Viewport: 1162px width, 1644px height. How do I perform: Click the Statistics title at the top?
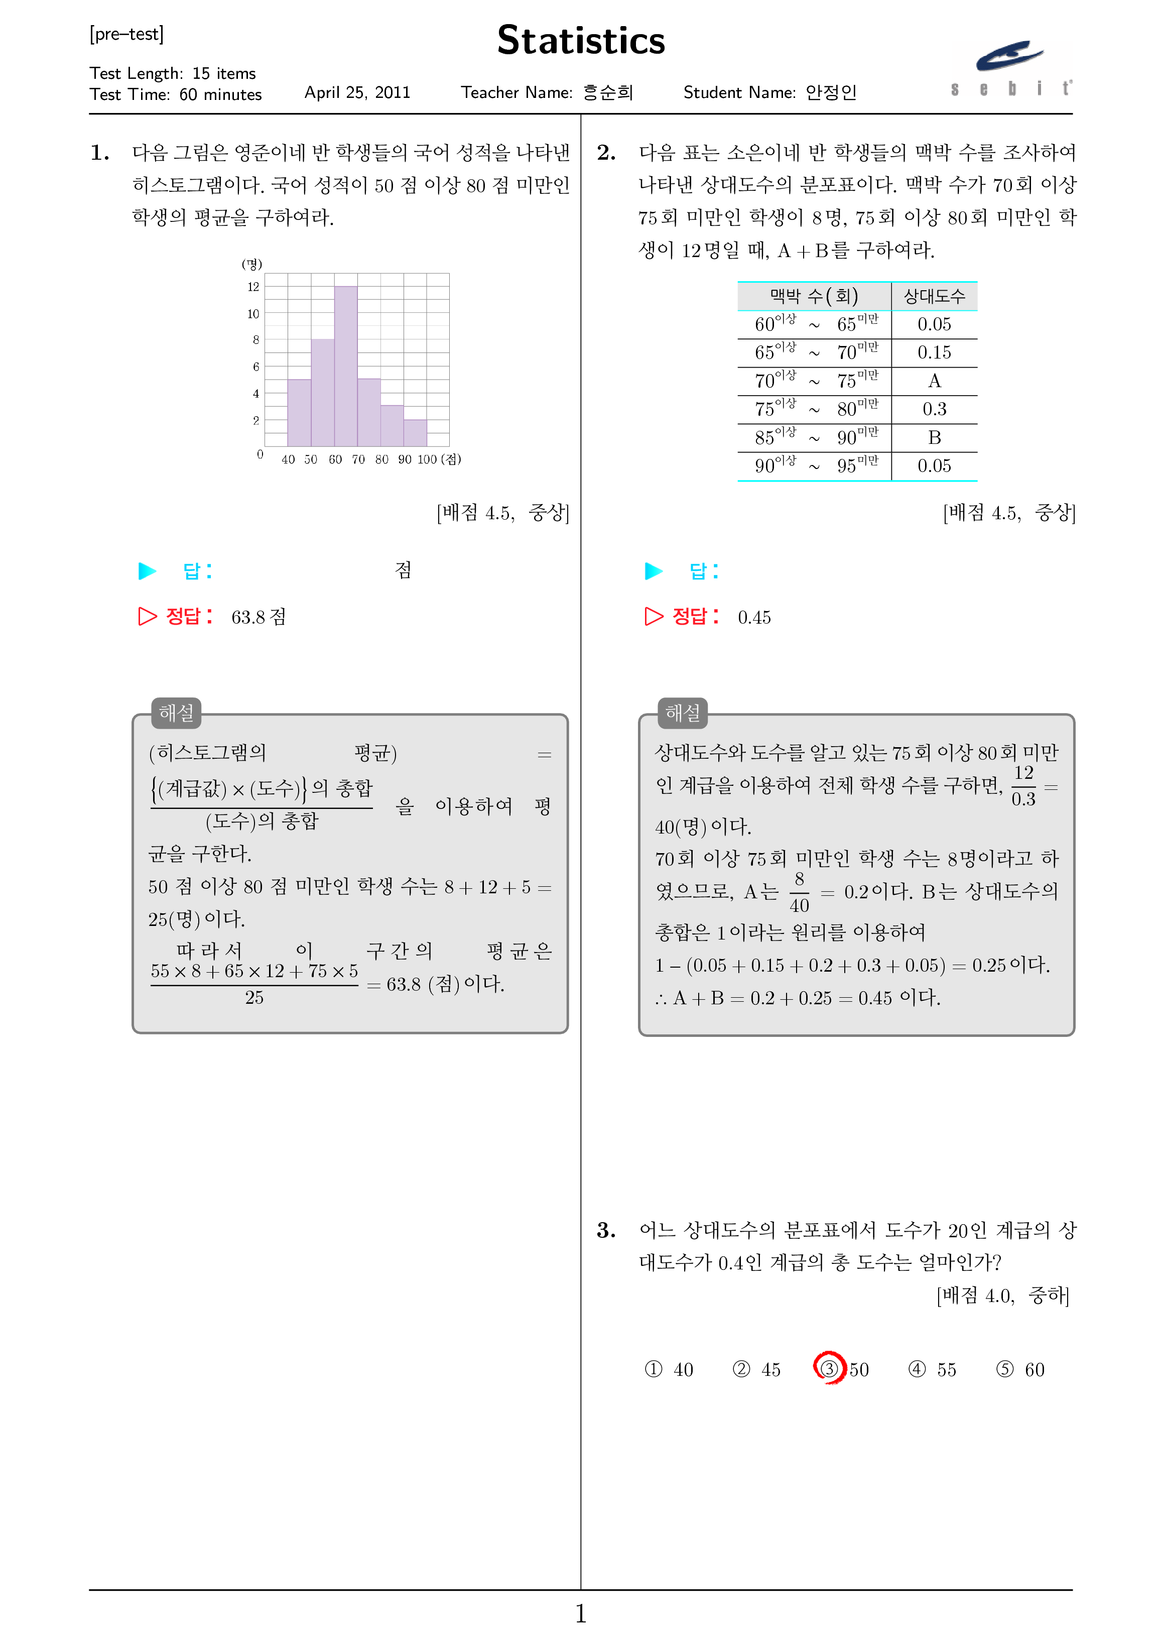(x=581, y=41)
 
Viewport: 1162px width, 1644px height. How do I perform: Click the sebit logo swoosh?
(x=1009, y=56)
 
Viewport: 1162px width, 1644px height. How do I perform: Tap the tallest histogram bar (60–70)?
(x=346, y=366)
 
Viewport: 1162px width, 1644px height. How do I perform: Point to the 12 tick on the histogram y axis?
(x=253, y=287)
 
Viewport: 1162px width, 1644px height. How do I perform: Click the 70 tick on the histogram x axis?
(x=358, y=459)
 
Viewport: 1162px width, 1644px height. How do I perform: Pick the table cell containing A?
(x=934, y=381)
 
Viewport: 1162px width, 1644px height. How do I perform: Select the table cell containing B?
(x=934, y=437)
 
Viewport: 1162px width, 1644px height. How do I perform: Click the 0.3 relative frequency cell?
(x=934, y=410)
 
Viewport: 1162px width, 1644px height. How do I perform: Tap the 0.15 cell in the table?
(x=934, y=353)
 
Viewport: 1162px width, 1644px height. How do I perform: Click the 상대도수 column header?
(x=934, y=296)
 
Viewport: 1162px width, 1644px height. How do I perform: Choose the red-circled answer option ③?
(x=829, y=1368)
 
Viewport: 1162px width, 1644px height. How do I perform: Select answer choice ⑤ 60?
(x=1020, y=1369)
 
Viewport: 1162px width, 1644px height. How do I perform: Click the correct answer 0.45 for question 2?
(x=754, y=617)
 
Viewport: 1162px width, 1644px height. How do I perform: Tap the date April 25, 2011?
(x=357, y=92)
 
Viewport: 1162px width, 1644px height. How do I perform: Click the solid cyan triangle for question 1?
(x=148, y=570)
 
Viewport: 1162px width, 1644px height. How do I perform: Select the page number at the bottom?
(x=581, y=1613)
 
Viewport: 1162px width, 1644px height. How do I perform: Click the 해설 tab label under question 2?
(x=682, y=713)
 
